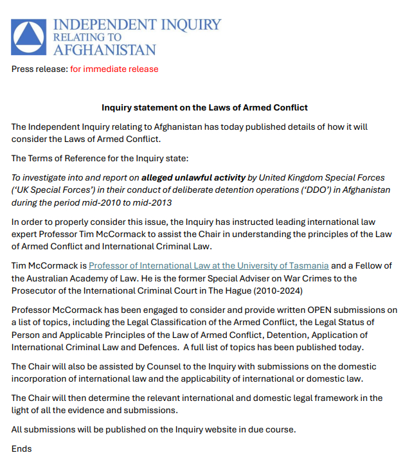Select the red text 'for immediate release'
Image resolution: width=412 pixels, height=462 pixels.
pyautogui.click(x=114, y=69)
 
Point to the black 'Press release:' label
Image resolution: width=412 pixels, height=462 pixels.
pyautogui.click(x=39, y=69)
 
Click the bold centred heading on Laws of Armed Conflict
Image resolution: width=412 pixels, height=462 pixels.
pyautogui.click(x=205, y=107)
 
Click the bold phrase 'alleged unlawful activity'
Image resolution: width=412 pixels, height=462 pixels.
pyautogui.click(x=193, y=177)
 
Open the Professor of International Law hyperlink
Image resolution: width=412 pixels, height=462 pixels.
pyautogui.click(x=209, y=265)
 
